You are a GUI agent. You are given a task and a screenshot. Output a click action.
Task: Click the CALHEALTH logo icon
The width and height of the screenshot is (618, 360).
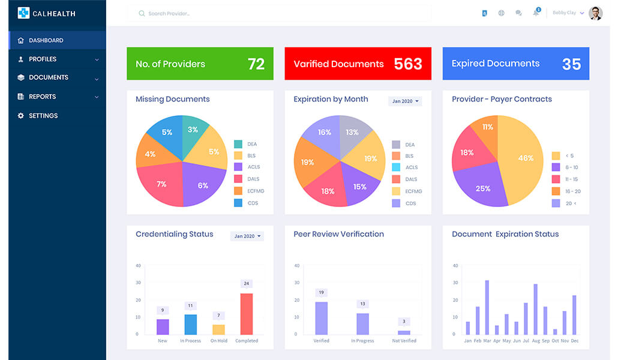(23, 13)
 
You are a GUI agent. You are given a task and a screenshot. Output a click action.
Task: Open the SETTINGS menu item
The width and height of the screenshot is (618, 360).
(43, 116)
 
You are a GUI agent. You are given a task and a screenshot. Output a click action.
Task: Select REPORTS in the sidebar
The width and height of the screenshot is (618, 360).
(42, 97)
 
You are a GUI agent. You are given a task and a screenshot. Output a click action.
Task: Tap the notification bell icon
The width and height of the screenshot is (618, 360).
(536, 13)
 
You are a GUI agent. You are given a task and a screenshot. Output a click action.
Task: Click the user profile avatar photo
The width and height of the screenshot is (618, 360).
(595, 13)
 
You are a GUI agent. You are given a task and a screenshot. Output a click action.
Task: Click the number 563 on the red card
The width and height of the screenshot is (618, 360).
(408, 64)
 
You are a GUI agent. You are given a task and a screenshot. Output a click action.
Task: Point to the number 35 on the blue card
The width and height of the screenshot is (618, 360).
(571, 64)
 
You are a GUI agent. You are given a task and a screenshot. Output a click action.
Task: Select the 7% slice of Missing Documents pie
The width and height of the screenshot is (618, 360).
(161, 184)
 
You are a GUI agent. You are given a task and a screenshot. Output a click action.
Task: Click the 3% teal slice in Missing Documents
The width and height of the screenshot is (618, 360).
(193, 130)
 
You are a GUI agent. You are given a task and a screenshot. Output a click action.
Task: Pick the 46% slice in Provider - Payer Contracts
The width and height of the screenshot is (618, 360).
(524, 158)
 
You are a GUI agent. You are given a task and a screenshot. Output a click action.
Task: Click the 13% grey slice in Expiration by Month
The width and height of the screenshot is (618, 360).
(352, 132)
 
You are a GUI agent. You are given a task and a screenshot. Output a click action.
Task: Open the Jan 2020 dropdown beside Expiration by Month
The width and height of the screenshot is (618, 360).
(405, 101)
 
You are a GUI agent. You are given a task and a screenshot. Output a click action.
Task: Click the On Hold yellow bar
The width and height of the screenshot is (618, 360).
(219, 329)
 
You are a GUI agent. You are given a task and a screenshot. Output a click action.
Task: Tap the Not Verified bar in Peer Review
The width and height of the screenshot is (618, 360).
(404, 332)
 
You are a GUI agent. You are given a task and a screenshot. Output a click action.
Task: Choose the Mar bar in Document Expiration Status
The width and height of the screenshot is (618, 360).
(487, 307)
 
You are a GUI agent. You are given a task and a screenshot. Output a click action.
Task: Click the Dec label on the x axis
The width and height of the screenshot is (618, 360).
(574, 341)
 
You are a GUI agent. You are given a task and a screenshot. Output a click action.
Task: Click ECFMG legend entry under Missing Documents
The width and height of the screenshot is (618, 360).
(256, 191)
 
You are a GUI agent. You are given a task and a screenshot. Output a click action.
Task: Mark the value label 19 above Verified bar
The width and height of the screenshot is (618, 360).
(322, 293)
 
